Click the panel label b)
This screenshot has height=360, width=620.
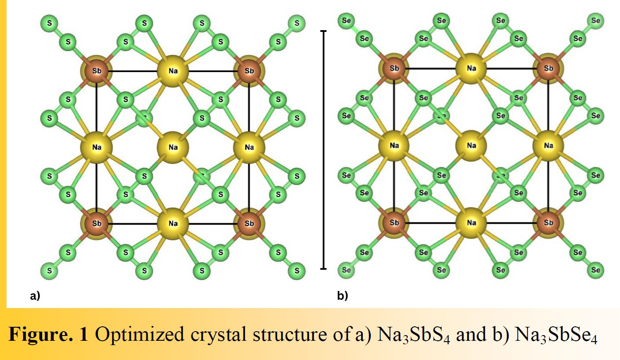[x=343, y=296]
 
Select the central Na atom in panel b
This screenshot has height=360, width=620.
[x=471, y=145]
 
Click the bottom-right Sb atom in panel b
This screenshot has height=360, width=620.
[x=548, y=223]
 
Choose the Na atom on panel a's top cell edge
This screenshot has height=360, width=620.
[x=173, y=71]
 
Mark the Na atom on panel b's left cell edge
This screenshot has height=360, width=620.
[x=394, y=145]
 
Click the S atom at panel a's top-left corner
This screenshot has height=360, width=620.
[x=49, y=23]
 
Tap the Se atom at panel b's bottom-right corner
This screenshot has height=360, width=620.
[x=596, y=270]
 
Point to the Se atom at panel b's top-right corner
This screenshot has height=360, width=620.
[x=596, y=20]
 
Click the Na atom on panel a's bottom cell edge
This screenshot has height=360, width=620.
[x=173, y=224]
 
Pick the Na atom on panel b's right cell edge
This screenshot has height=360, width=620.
[x=548, y=145]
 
